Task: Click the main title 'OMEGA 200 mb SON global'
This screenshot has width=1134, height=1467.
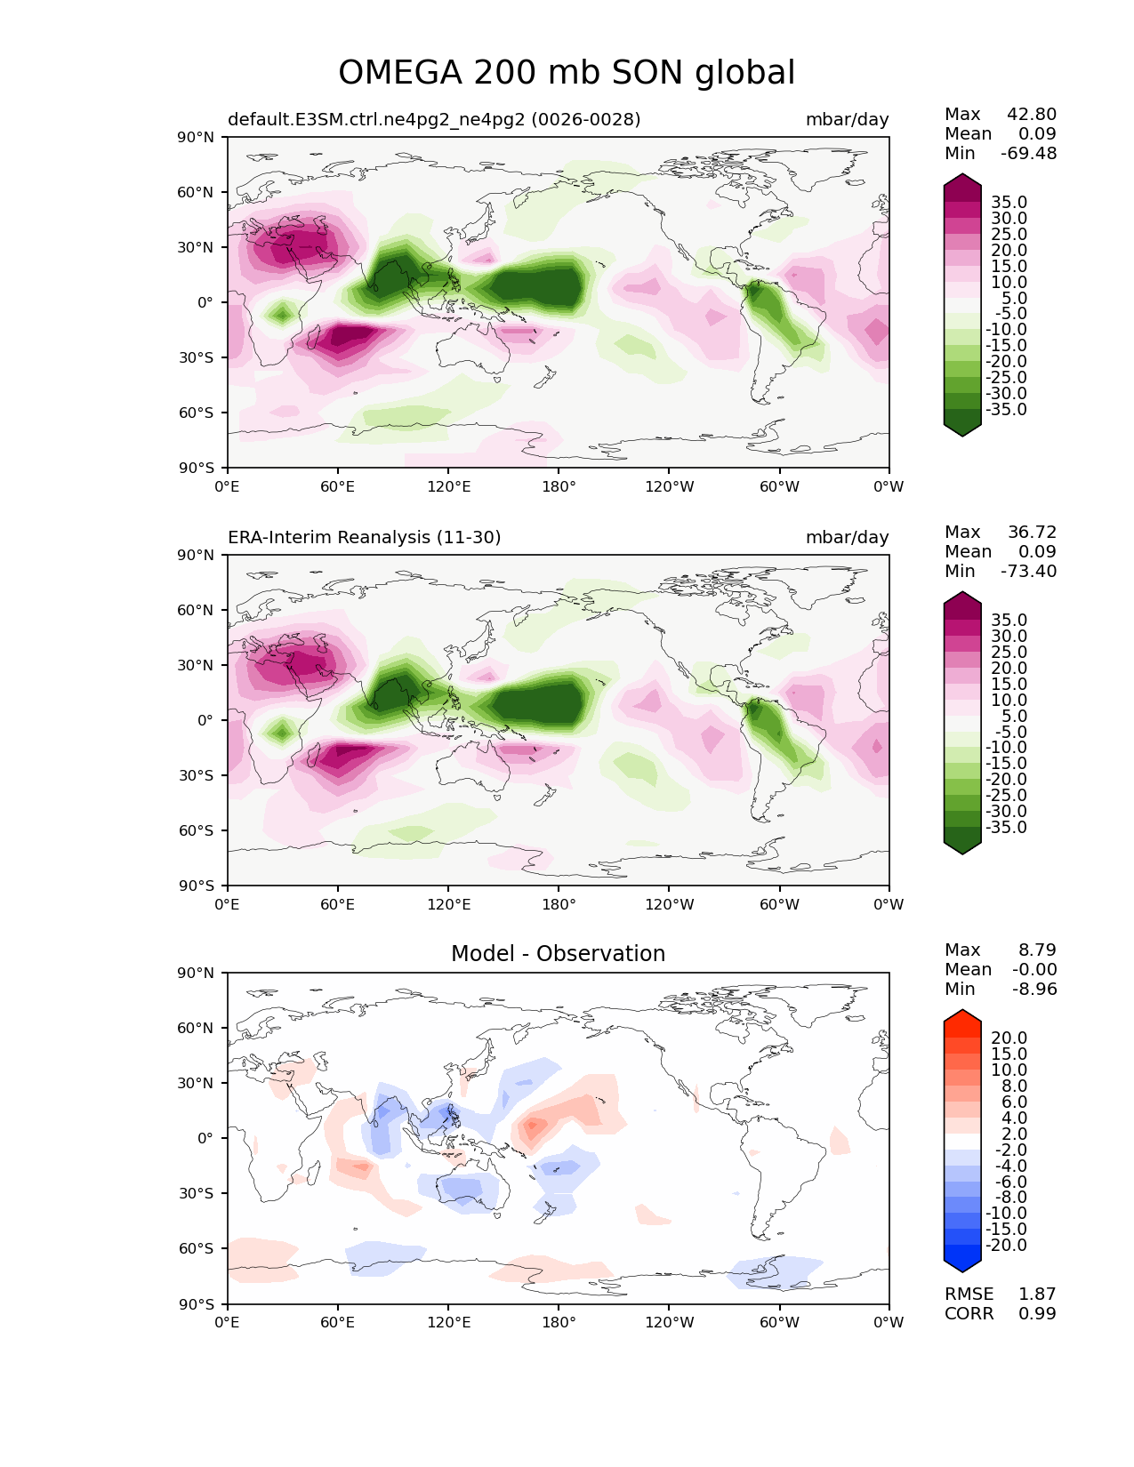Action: point(567,73)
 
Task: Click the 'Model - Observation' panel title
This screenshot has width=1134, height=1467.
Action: point(558,954)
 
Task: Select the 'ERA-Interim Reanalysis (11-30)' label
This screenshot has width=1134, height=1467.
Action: point(365,538)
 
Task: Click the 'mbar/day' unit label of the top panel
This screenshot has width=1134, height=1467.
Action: point(847,120)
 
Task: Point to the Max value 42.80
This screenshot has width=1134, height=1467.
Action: point(1032,115)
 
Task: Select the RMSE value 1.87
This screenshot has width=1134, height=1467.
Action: point(1037,1295)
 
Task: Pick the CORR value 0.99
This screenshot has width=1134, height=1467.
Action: point(1037,1314)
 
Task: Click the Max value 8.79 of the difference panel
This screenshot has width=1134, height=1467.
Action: point(1037,950)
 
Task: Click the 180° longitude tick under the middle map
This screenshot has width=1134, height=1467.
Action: point(559,905)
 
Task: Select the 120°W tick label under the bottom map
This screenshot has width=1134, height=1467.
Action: point(669,1323)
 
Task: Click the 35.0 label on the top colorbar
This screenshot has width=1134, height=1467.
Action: point(1009,203)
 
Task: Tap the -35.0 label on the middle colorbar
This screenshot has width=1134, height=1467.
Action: point(1006,828)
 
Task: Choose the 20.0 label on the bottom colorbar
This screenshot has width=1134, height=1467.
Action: point(1009,1038)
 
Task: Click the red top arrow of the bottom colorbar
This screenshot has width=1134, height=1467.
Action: point(962,1018)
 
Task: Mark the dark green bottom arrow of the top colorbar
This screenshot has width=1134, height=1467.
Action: point(962,428)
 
